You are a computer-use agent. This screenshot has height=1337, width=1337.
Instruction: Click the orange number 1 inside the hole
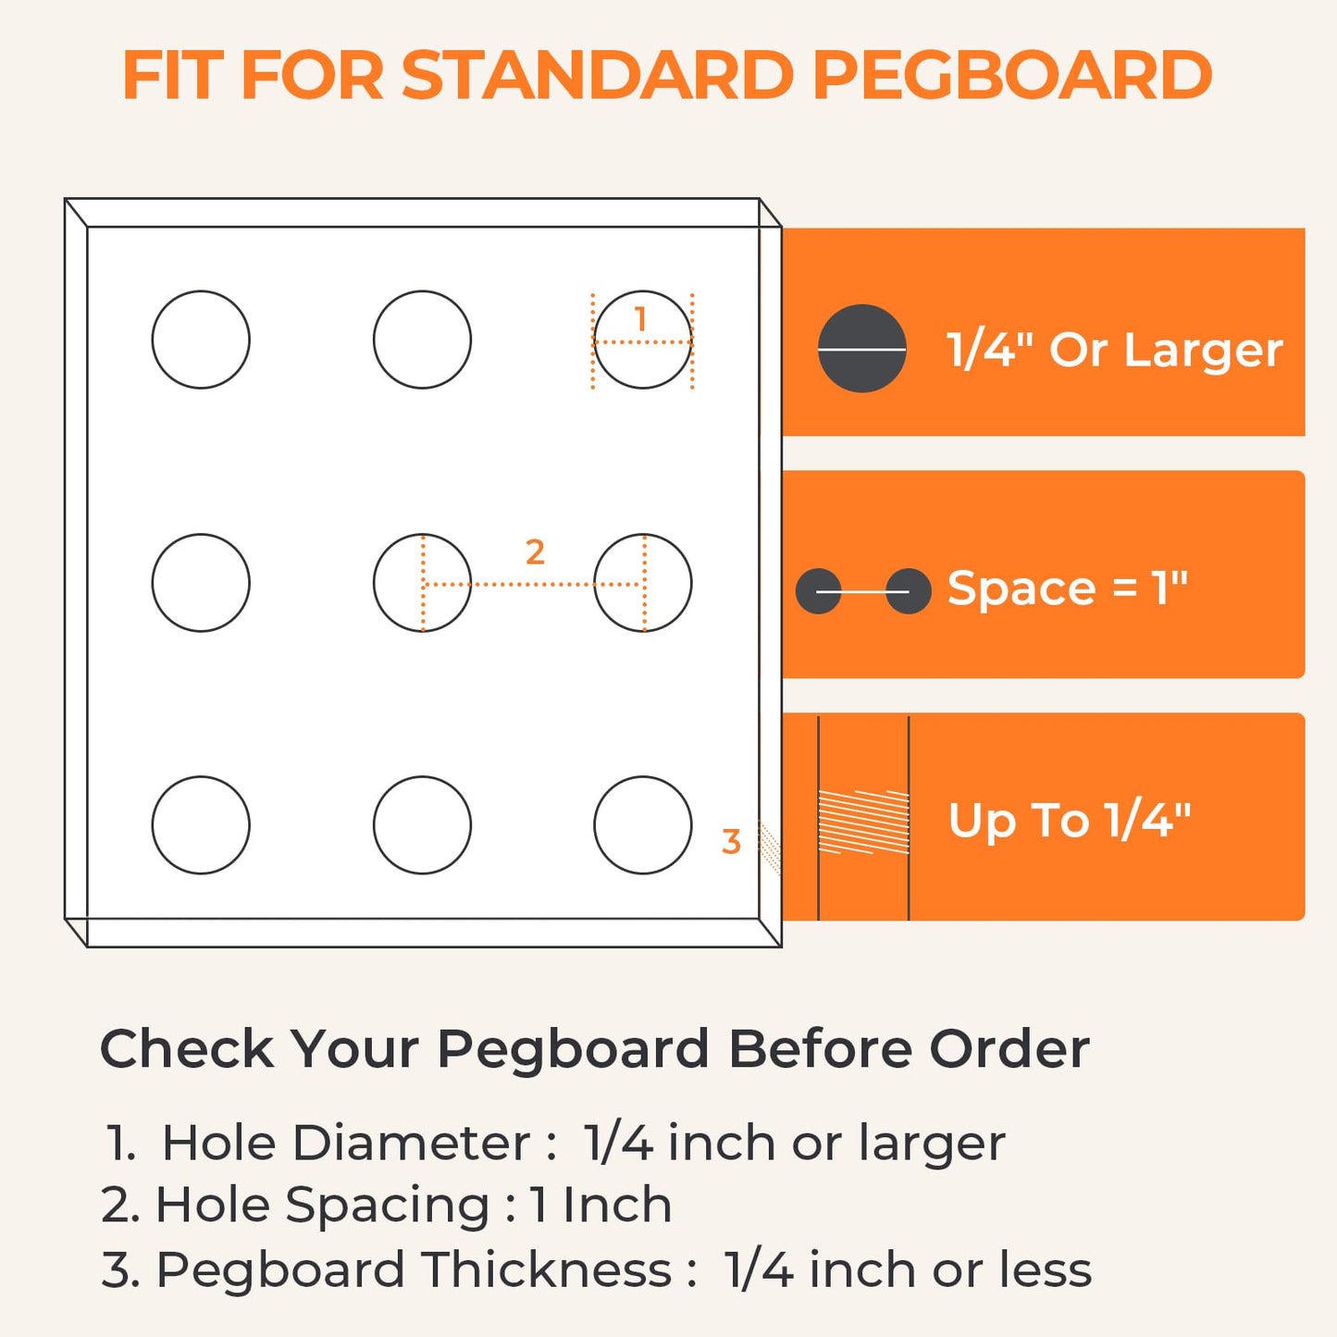tap(640, 319)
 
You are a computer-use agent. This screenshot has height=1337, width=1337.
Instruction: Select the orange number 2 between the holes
tap(535, 552)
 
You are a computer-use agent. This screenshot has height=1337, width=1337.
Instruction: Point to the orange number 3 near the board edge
tap(731, 842)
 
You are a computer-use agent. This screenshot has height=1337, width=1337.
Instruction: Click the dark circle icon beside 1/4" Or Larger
tap(861, 348)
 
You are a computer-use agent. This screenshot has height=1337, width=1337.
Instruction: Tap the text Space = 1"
tap(1067, 589)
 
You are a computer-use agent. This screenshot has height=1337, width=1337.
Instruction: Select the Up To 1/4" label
tap(1070, 821)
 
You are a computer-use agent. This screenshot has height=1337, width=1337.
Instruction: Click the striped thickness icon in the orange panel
tap(864, 822)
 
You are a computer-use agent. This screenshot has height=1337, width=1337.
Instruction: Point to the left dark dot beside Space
tap(819, 591)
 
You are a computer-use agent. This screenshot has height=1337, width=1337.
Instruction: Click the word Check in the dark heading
tap(187, 1049)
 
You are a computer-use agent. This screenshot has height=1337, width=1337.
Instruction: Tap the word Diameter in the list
tap(411, 1143)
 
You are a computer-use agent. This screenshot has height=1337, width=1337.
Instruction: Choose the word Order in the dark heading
tap(1009, 1049)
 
